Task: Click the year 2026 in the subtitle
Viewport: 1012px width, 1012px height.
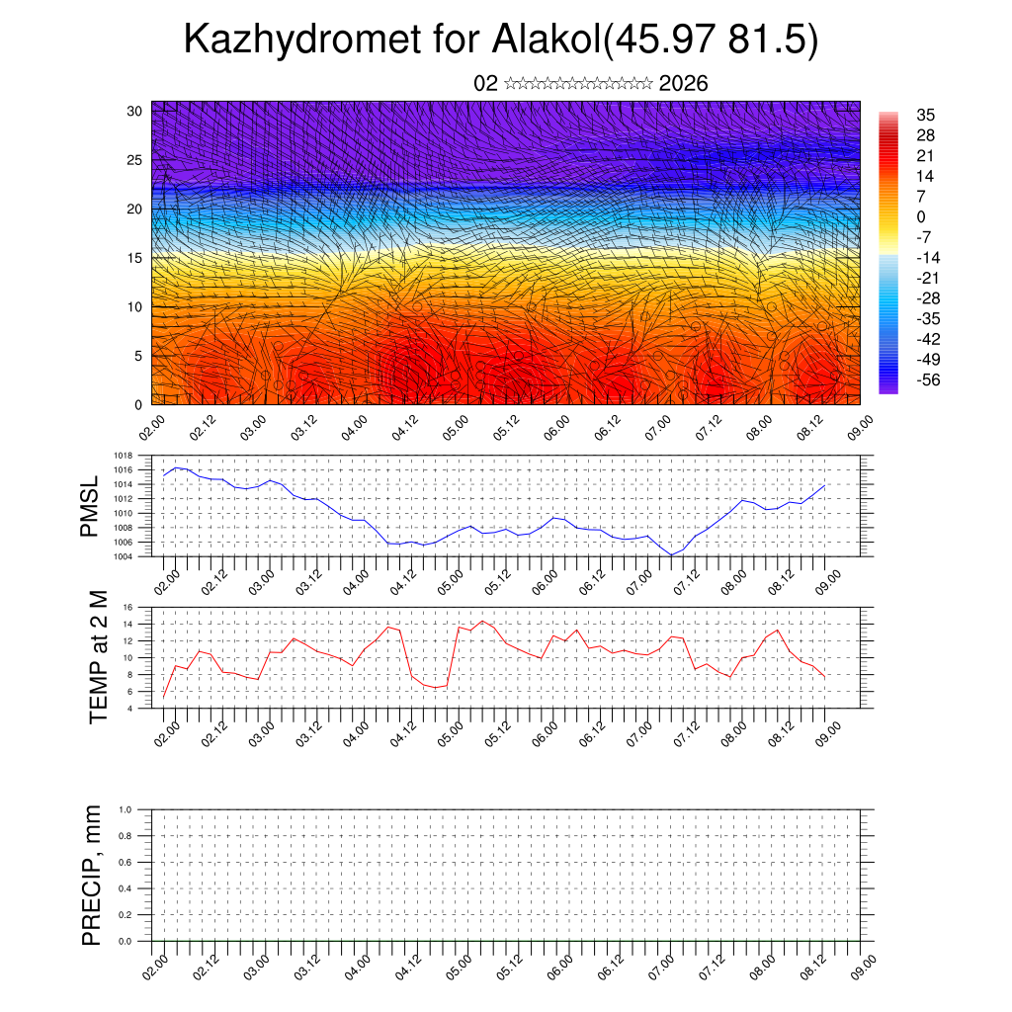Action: pos(683,83)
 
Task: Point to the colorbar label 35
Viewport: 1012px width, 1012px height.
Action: pos(925,115)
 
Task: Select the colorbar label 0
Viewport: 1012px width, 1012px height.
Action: pos(921,216)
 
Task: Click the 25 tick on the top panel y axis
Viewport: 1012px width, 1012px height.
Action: pos(135,159)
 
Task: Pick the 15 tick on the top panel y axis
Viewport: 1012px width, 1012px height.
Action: pos(135,258)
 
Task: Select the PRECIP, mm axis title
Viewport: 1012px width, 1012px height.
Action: pos(92,875)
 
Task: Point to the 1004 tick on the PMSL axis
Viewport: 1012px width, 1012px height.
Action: pos(124,556)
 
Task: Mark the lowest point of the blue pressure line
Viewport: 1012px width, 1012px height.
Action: pos(671,554)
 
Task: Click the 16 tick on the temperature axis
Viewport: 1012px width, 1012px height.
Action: pos(128,607)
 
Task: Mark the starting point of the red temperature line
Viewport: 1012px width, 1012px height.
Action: pos(164,698)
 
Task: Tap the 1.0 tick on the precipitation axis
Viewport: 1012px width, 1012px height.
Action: pos(126,809)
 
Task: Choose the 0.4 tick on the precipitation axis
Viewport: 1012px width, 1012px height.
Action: pos(126,888)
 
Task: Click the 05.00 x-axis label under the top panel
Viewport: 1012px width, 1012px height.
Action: pos(455,430)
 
